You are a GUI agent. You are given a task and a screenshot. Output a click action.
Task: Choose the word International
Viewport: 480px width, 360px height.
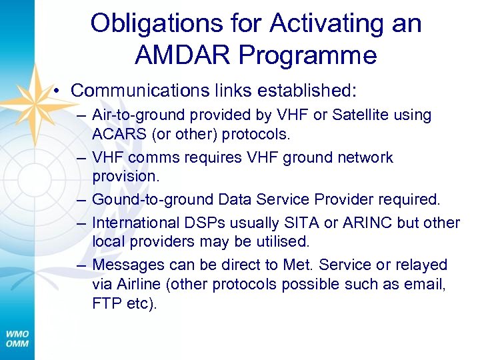point(135,222)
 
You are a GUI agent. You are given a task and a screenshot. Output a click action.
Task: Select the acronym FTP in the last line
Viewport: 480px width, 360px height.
point(106,305)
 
